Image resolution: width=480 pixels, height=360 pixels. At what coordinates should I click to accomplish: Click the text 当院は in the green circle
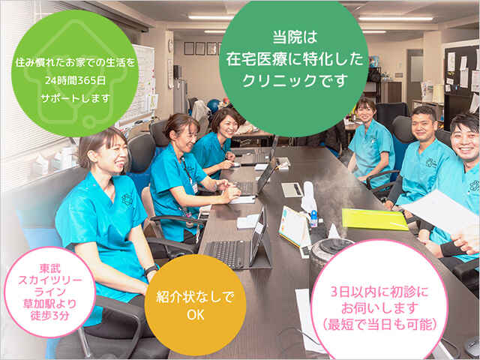(295, 37)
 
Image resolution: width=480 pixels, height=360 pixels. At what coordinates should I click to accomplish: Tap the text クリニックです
(295, 80)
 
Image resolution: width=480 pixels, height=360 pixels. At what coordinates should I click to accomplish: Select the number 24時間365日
(75, 80)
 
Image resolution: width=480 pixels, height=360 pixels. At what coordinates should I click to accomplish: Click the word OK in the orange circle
(195, 315)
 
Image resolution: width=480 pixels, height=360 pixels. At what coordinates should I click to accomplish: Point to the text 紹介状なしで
(195, 297)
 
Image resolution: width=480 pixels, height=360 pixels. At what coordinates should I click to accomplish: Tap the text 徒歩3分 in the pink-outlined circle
(50, 315)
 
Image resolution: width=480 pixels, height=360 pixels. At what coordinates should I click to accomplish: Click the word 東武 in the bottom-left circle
(50, 268)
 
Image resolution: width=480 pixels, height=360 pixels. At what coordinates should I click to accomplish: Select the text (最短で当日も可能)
(380, 324)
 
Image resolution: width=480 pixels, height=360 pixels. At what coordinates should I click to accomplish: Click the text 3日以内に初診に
(380, 292)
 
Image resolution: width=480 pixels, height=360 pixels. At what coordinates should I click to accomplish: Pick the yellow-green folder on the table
(375, 219)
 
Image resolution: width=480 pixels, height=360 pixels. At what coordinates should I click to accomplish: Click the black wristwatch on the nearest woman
(151, 270)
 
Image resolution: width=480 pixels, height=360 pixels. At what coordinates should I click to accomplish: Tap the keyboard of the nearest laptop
(226, 253)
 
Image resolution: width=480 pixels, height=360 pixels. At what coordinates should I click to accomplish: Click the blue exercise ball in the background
(213, 105)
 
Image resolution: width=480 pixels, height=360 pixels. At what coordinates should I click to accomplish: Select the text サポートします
(75, 98)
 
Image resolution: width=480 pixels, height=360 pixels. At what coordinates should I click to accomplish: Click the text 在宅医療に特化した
(295, 59)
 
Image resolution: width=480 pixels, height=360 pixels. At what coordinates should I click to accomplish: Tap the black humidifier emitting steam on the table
(329, 257)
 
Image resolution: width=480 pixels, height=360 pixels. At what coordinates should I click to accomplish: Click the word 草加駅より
(50, 304)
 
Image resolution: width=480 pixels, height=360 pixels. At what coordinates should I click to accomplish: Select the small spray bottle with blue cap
(313, 218)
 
